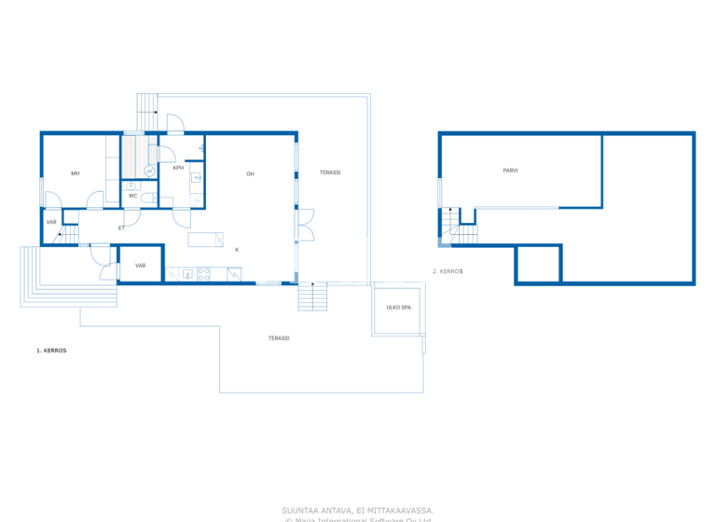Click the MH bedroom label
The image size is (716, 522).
coord(76,173)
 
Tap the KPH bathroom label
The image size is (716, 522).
coord(177,169)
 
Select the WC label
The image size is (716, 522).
coord(133,196)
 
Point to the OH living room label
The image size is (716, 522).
coord(250,174)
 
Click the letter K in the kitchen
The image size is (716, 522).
coord(237,250)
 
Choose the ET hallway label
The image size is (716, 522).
coord(121,227)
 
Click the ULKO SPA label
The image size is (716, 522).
coord(399,307)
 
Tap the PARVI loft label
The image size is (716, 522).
coord(510,171)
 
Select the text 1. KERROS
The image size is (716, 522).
coord(51,350)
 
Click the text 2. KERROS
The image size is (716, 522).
coord(447,271)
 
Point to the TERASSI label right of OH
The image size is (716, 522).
coord(330,173)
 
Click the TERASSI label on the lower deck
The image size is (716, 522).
coord(279,337)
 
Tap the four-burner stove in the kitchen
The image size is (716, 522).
coord(202,274)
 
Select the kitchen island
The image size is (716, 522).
coord(205,240)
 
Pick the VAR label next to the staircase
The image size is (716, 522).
coord(51,222)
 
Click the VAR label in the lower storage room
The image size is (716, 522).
coord(140,266)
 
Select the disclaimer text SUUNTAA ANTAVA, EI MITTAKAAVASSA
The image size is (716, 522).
coord(357,510)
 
